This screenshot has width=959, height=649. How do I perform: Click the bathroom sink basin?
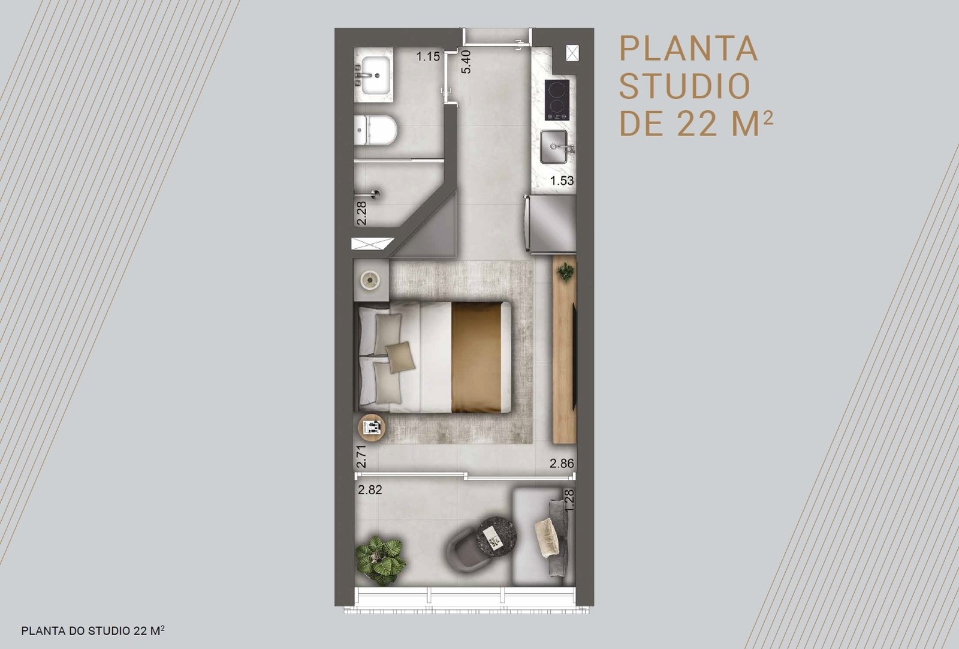77,75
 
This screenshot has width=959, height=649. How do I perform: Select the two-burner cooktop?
557,100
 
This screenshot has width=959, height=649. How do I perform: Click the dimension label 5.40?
466,62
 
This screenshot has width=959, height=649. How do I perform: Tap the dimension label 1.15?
429,56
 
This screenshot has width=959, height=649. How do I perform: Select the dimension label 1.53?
562,181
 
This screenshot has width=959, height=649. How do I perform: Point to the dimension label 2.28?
361,214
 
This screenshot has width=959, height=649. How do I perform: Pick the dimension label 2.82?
370,490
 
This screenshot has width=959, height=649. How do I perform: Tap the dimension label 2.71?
361,456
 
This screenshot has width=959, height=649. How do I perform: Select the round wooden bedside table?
372,428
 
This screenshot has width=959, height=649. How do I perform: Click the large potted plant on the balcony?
381,560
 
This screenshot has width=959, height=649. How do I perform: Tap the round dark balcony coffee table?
497,536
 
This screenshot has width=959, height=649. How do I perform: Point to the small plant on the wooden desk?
566,272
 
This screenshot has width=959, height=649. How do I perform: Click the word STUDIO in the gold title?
684,87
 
